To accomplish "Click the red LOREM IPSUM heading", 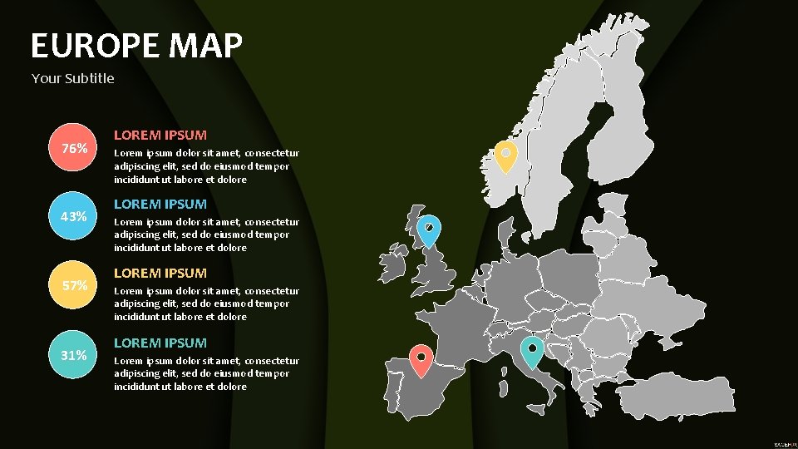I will coord(160,135).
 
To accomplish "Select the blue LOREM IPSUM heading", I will coord(160,204).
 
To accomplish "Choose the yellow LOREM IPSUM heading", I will coord(160,273).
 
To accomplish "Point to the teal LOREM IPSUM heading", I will coord(160,343).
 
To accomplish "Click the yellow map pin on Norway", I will coord(505,155).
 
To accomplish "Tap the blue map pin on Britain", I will coord(429,229).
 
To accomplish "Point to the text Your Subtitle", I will coord(73,79).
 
